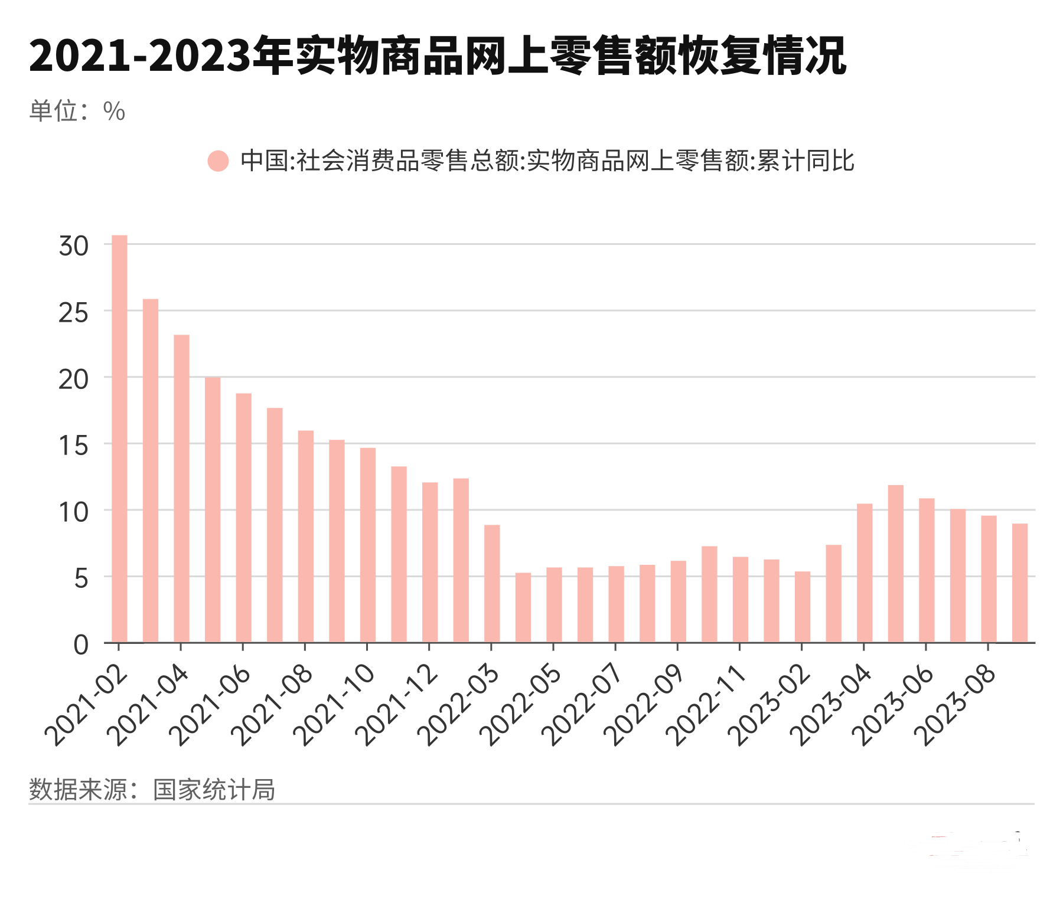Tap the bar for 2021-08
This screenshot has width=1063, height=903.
point(305,536)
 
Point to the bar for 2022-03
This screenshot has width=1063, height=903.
point(492,584)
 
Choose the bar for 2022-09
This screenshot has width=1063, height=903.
point(679,601)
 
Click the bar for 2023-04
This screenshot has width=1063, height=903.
point(865,573)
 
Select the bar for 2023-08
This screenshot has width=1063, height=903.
point(989,579)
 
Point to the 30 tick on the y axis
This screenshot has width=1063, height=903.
point(73,246)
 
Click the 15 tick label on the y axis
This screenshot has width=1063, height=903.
point(73,445)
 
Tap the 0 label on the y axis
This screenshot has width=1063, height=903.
point(81,644)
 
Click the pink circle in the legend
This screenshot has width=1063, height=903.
point(218,161)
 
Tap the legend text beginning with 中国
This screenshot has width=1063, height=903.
point(547,161)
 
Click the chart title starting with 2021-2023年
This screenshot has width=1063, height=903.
point(438,56)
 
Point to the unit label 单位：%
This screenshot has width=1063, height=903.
point(77,111)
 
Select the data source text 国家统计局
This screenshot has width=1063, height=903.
point(214,790)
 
